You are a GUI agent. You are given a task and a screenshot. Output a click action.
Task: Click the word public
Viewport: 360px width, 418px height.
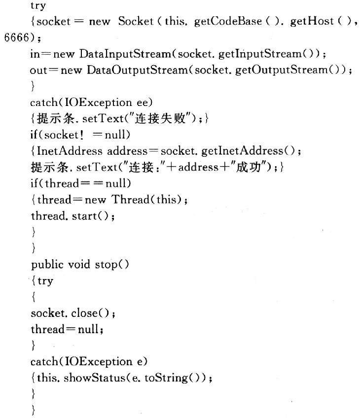44,264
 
